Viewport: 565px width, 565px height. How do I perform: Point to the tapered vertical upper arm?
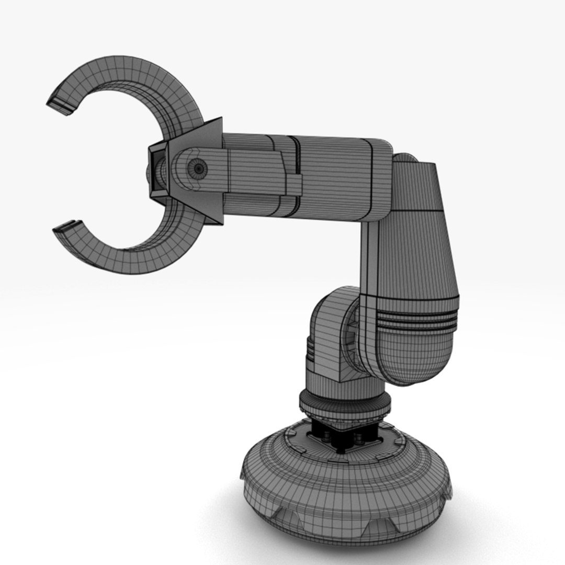point(413,235)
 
